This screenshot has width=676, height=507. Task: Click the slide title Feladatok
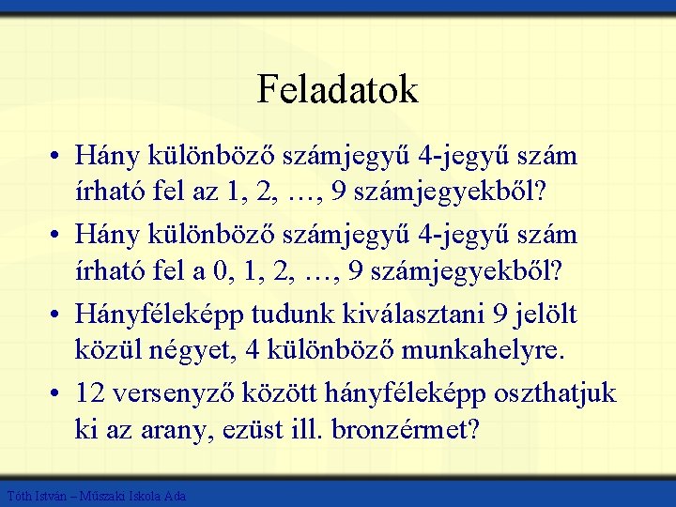337,90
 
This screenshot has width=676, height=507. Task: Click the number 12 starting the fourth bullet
91,393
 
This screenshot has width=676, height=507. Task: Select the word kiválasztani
421,315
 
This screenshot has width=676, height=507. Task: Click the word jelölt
549,315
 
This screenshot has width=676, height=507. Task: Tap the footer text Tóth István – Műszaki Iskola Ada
96,495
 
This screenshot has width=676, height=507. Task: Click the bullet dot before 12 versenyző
58,393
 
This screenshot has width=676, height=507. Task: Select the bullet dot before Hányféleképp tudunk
58,315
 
